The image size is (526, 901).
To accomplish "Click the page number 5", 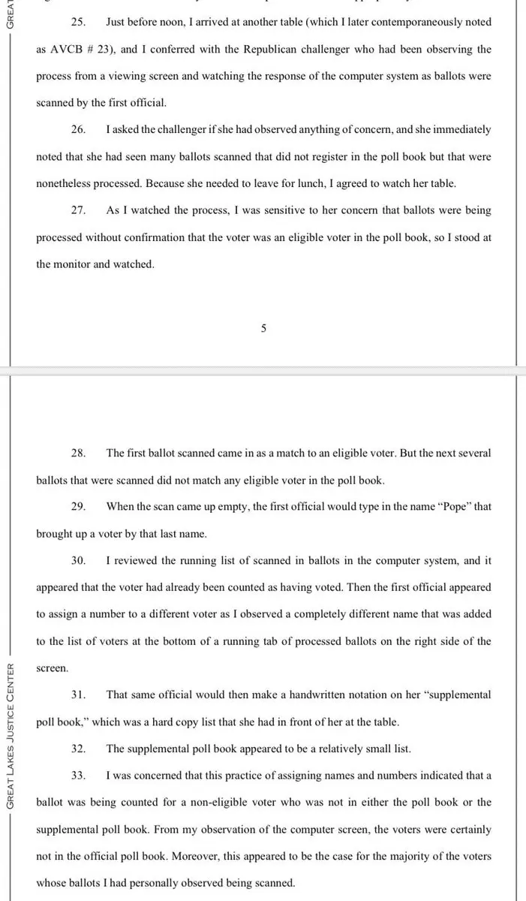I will [x=263, y=328].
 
